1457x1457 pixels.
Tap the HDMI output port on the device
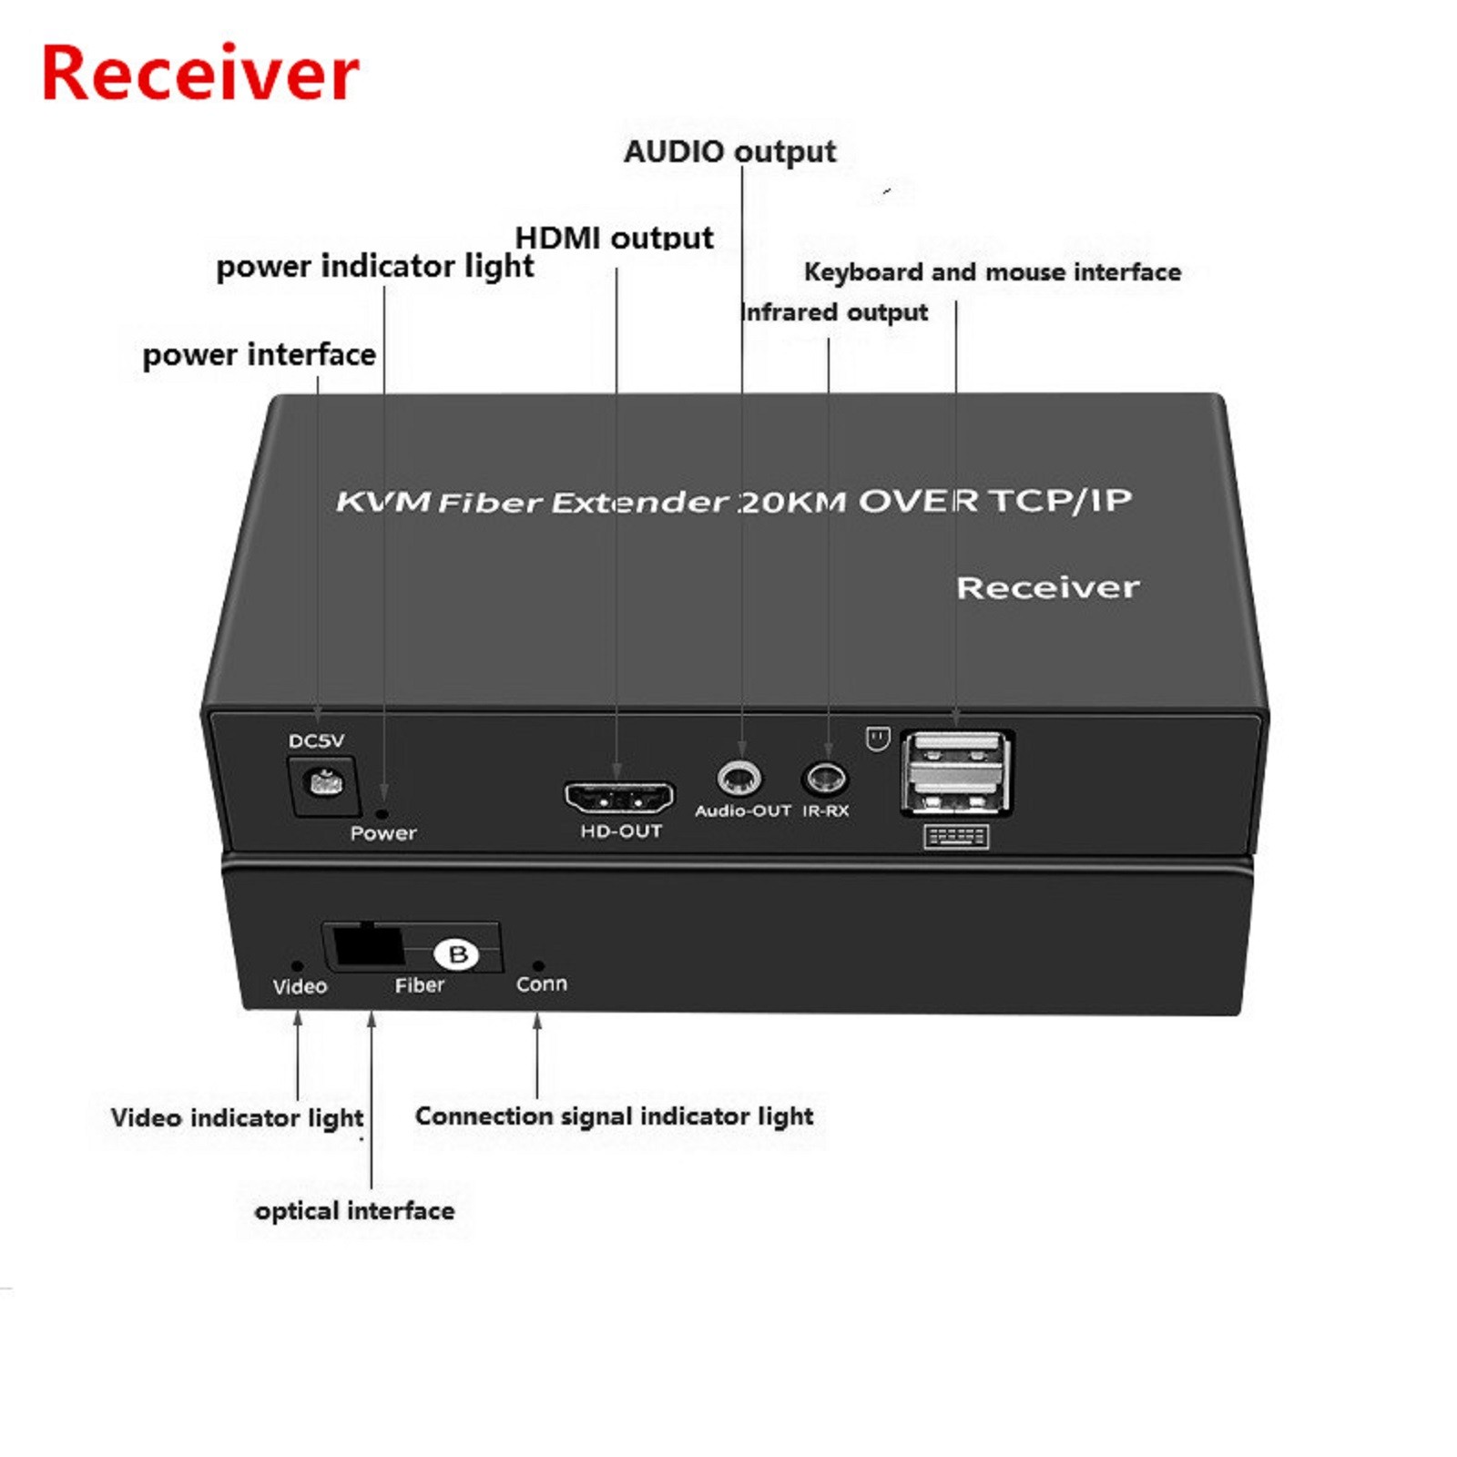pos(619,798)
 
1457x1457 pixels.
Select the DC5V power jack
pos(322,783)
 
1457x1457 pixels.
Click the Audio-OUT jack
pos(739,779)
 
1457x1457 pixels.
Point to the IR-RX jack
pos(826,779)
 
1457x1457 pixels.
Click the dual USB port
pos(956,772)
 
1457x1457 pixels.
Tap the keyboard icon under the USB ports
pos(956,836)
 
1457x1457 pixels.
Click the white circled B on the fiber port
pos(457,953)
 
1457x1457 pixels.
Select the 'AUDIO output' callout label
pos(729,151)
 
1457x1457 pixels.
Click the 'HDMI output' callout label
pos(614,238)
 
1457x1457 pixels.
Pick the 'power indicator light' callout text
pos(374,266)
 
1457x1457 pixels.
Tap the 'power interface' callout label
pos(259,354)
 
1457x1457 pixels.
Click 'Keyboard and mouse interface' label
pos(992,271)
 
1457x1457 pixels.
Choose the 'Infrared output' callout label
pos(835,312)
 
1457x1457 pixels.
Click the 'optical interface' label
pos(354,1210)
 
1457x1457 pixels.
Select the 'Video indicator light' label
pos(237,1117)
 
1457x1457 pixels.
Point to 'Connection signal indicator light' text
pos(614,1116)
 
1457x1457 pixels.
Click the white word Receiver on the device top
pos(1047,587)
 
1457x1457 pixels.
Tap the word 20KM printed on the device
pos(792,501)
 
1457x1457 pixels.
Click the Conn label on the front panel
pos(541,984)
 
